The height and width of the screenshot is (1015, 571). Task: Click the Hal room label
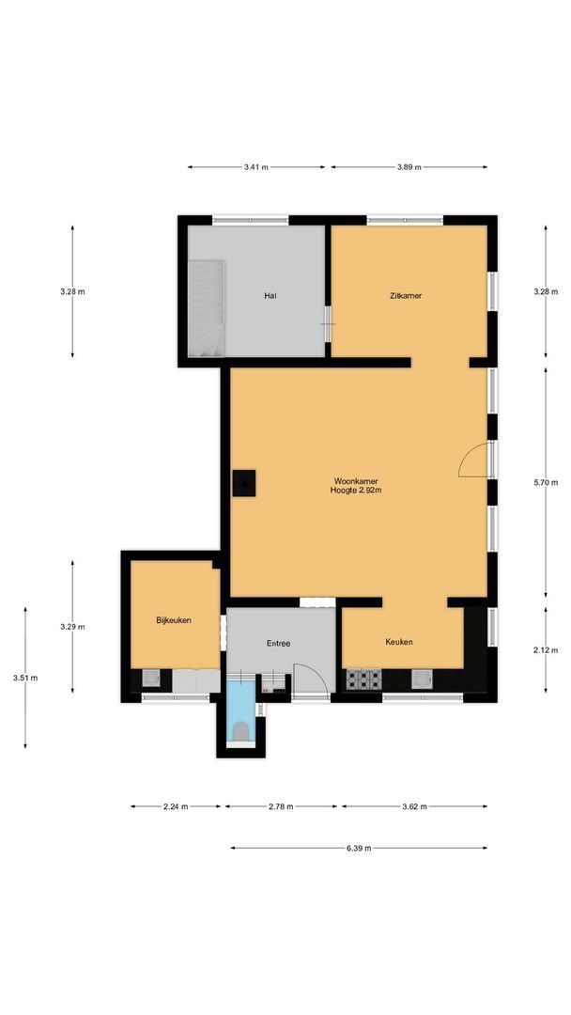click(270, 295)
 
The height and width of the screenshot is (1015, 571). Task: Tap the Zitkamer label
click(406, 295)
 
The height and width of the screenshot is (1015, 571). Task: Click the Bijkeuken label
click(174, 620)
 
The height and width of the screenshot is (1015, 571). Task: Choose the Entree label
click(278, 644)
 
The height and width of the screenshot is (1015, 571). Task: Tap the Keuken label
click(399, 642)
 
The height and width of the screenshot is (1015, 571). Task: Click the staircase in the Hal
click(208, 308)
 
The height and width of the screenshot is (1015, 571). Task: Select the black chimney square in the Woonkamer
click(245, 482)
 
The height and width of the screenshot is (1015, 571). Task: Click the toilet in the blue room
click(241, 729)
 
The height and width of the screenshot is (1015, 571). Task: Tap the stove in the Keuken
click(363, 678)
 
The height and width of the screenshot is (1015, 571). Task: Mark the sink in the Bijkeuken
click(150, 679)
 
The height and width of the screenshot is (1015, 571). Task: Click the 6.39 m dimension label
click(358, 848)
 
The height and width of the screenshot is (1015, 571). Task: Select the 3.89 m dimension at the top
click(408, 167)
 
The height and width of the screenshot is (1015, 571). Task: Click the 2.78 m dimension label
click(281, 806)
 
